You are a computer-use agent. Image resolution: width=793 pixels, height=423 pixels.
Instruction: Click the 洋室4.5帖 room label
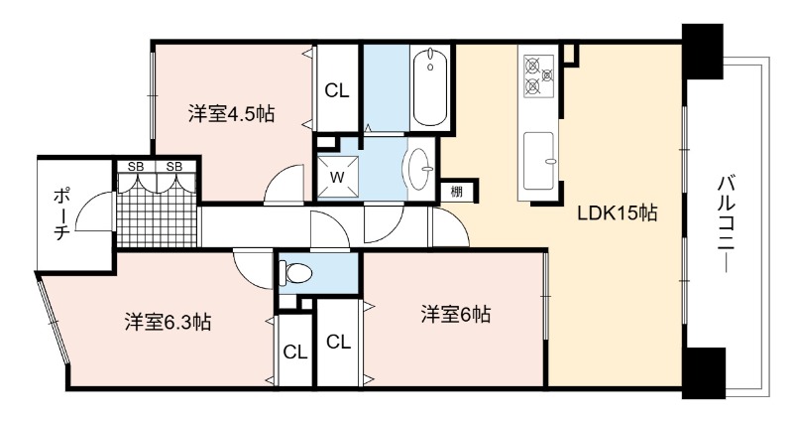coord(231,113)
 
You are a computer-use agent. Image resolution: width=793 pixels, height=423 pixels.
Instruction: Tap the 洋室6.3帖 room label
coord(168,322)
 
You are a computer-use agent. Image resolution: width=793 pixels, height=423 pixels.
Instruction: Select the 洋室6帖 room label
coord(456,315)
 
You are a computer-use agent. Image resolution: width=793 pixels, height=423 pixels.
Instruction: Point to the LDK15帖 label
coord(617,213)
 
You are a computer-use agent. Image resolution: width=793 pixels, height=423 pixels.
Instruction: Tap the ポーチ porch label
coord(61,213)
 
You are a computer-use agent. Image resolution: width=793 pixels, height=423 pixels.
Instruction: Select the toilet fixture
coord(295,273)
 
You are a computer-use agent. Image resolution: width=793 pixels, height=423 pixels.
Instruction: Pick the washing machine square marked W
coord(337,177)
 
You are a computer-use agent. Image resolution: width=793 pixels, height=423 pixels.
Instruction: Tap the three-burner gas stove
coord(537,76)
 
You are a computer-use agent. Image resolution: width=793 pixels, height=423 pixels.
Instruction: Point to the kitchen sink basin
coord(538,160)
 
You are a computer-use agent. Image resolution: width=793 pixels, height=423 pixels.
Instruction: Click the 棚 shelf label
coord(456,192)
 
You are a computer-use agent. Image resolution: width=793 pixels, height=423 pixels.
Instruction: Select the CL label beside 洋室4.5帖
coord(337,91)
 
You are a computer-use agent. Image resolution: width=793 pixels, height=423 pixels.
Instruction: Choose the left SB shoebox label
coord(135,166)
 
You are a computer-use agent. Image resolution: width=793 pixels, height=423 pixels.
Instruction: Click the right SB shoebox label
coord(174,166)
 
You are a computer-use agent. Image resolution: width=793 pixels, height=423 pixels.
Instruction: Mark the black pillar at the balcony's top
coord(703,51)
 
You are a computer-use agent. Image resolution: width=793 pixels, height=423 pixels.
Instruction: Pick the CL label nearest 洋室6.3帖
coord(295,352)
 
